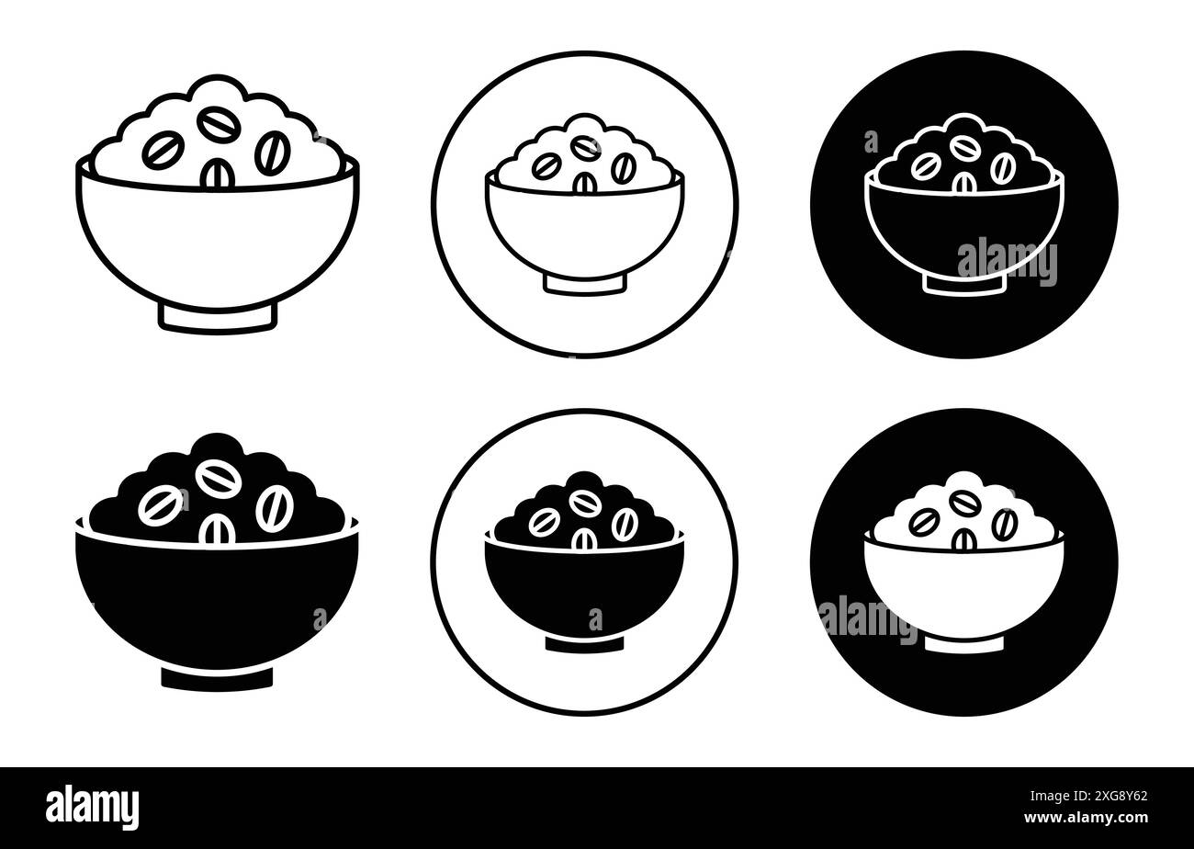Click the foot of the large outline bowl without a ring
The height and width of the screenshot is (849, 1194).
(x=217, y=315)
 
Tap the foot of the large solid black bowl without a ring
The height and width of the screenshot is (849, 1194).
(x=217, y=677)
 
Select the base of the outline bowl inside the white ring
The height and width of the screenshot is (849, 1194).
(x=584, y=283)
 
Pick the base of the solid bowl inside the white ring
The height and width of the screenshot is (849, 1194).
(x=584, y=644)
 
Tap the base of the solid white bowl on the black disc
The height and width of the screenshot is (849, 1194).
(x=963, y=644)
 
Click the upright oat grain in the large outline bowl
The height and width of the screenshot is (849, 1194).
(x=217, y=175)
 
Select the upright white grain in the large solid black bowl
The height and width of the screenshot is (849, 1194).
(x=217, y=531)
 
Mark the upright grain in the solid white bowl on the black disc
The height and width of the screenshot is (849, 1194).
(x=963, y=540)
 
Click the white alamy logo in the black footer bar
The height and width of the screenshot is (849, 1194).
(x=93, y=808)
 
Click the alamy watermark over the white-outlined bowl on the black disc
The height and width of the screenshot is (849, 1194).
(x=1007, y=262)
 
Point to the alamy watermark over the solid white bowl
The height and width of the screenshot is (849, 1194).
(x=867, y=617)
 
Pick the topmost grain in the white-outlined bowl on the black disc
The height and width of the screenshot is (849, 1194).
(x=963, y=147)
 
